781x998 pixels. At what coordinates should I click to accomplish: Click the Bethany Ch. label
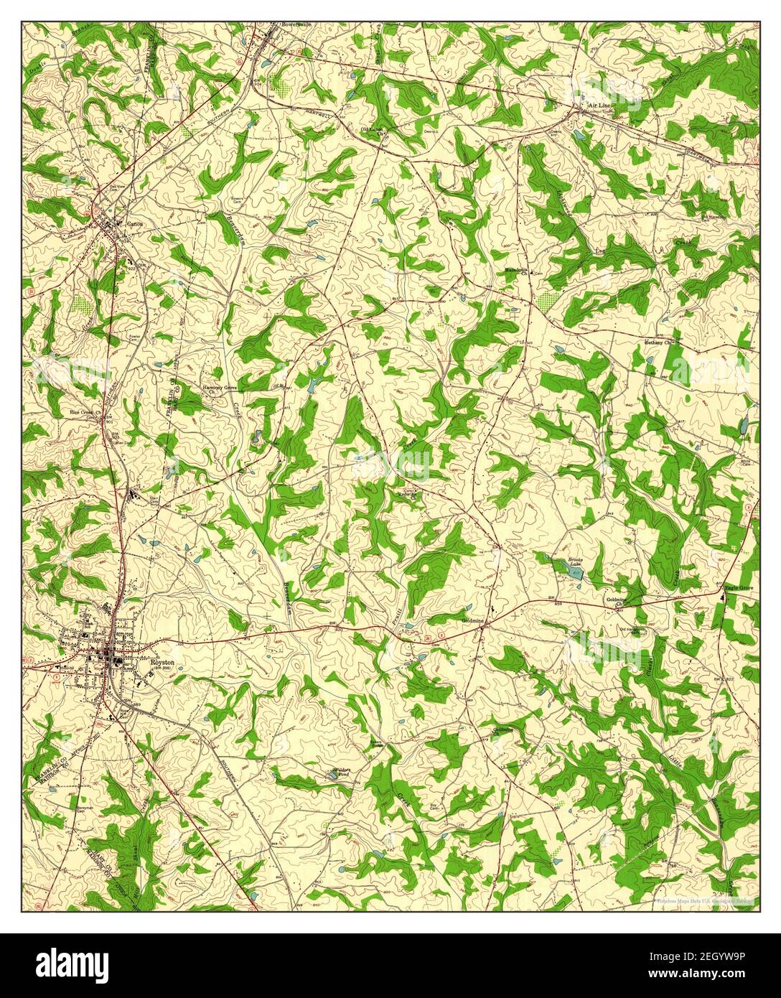pyautogui.click(x=661, y=342)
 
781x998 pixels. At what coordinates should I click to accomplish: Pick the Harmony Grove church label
pyautogui.click(x=219, y=388)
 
